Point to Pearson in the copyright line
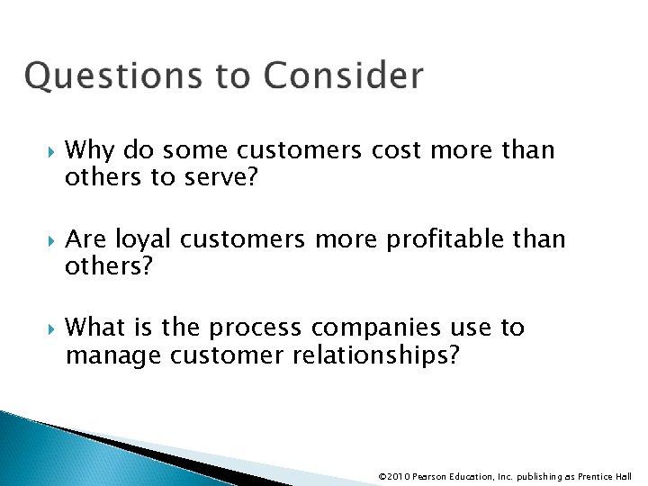tap(432, 476)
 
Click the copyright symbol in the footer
tap(383, 476)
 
